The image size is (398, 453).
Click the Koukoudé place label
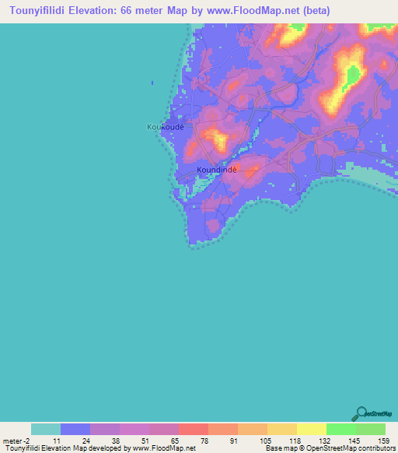[x=165, y=127]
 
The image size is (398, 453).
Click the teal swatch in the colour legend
[x=46, y=429]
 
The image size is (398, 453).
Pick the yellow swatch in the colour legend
[x=312, y=429]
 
